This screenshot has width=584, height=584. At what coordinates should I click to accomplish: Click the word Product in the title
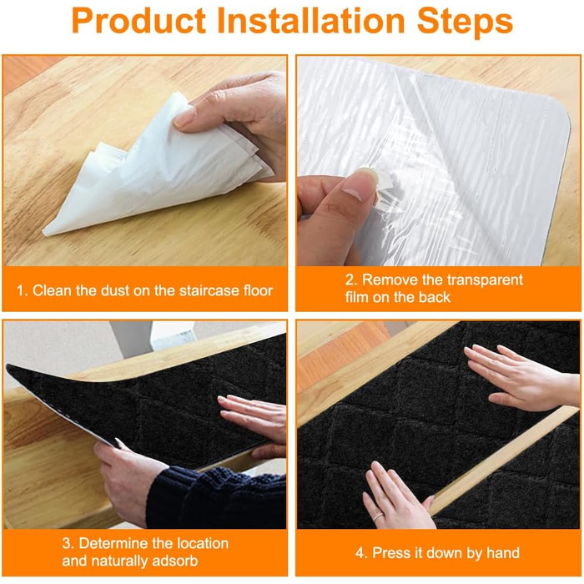pyautogui.click(x=138, y=21)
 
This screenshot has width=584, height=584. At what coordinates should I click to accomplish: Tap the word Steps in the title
pyautogui.click(x=465, y=23)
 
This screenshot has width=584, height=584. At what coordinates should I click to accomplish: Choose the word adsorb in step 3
pyautogui.click(x=176, y=561)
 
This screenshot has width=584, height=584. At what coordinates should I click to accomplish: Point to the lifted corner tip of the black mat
pyautogui.click(x=8, y=365)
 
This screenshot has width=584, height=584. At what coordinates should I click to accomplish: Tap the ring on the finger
pyautogui.click(x=378, y=516)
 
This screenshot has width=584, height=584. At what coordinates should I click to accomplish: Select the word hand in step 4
pyautogui.click(x=503, y=553)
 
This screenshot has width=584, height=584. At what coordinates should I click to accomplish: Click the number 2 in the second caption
pyautogui.click(x=350, y=280)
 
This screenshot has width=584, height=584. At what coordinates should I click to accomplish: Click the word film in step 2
pyautogui.click(x=356, y=297)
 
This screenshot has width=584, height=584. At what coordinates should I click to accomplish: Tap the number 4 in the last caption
pyautogui.click(x=360, y=553)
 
